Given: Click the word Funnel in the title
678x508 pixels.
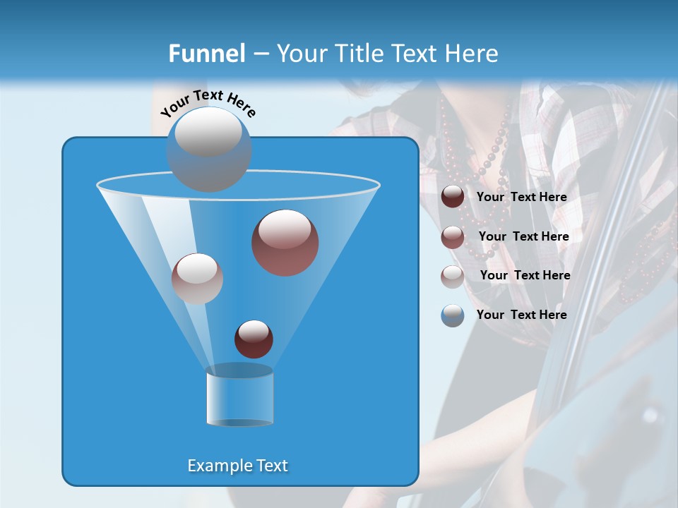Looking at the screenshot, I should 207,54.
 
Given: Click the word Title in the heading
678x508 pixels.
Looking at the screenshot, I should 357,54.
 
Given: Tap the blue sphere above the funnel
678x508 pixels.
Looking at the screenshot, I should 209,149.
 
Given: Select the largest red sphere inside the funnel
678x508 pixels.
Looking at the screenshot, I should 285,243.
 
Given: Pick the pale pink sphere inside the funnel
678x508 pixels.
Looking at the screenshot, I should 197,279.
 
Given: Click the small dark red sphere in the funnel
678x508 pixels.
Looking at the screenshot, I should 254,339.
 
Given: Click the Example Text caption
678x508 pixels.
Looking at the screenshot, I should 238,466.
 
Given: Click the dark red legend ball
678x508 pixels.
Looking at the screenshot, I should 453,197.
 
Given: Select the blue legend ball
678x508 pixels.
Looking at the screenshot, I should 453,315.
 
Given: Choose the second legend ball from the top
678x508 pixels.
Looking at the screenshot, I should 453,237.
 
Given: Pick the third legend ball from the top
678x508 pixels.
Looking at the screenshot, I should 453,276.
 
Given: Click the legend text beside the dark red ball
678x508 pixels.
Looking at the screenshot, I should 521,198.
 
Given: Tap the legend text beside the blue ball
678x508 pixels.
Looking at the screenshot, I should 521,315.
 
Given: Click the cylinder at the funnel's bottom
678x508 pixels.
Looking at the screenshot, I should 239,397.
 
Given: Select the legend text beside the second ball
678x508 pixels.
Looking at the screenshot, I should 523,237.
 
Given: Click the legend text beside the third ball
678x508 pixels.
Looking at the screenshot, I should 525,276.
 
